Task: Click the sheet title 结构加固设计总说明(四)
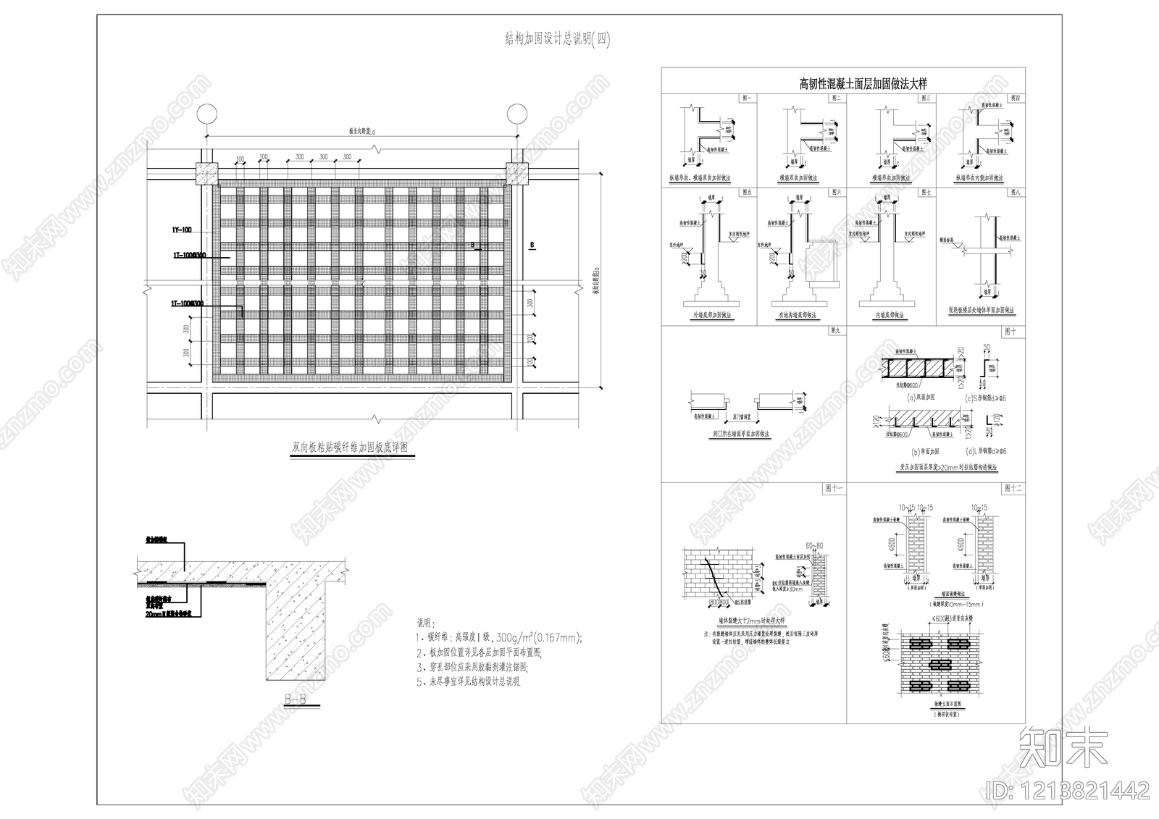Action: tap(557, 41)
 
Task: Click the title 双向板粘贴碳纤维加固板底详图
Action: tap(349, 448)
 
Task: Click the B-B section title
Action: tap(295, 700)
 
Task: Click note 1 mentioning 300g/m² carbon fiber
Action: tap(500, 638)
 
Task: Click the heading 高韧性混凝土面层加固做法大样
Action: tap(842, 84)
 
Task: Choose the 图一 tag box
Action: tap(747, 98)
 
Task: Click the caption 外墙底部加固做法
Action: tap(709, 316)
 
